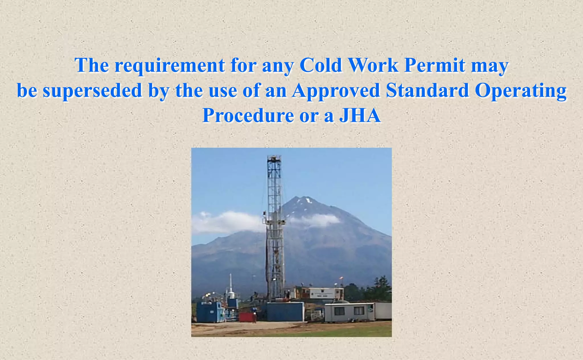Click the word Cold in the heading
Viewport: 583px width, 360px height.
(321, 65)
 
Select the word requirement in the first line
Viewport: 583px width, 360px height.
(170, 65)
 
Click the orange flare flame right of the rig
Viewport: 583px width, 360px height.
(341, 279)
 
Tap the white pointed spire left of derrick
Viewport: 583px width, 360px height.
(231, 281)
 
